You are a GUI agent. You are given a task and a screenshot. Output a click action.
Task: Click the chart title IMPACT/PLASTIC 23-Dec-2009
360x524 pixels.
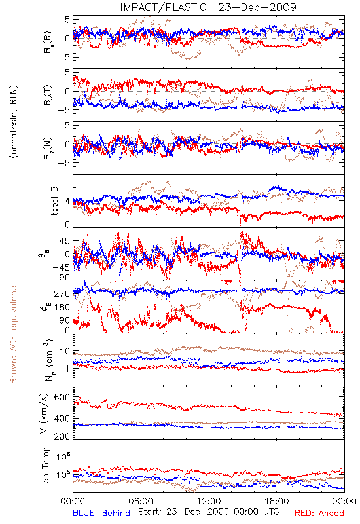coord(208,7)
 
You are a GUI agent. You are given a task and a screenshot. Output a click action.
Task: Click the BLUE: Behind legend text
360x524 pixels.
coord(101,513)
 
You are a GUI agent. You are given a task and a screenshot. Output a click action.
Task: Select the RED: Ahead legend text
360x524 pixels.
coord(319,513)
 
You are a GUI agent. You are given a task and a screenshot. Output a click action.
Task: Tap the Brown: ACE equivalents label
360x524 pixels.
coord(13,333)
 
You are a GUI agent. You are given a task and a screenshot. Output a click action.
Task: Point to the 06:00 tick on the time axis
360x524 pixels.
coord(141,501)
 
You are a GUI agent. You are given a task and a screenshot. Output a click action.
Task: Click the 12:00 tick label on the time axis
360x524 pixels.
coord(209,501)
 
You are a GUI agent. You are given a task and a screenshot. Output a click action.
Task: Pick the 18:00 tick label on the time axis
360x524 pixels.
coord(277,501)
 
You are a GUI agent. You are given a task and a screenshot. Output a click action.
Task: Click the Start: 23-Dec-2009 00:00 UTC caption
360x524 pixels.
coord(209,512)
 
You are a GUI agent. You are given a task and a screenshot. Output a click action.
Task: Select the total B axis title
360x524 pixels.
coord(54,201)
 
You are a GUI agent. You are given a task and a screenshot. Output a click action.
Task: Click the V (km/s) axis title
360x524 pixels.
coord(45,413)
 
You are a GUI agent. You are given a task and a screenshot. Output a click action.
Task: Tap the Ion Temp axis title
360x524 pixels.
coord(45,466)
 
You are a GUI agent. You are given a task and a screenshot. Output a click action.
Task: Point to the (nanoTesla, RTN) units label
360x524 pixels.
coord(14,122)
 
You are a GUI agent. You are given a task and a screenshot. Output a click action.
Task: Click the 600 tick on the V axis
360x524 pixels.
coord(62,398)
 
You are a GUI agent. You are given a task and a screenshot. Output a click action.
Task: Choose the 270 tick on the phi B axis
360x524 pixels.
coord(62,293)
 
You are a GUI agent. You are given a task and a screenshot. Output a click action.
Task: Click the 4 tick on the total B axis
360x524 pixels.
coord(67,202)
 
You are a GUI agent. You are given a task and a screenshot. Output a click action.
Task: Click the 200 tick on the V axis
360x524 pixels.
coord(62,436)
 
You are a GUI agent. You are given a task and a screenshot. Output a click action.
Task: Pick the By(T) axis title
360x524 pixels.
coord(47,95)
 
